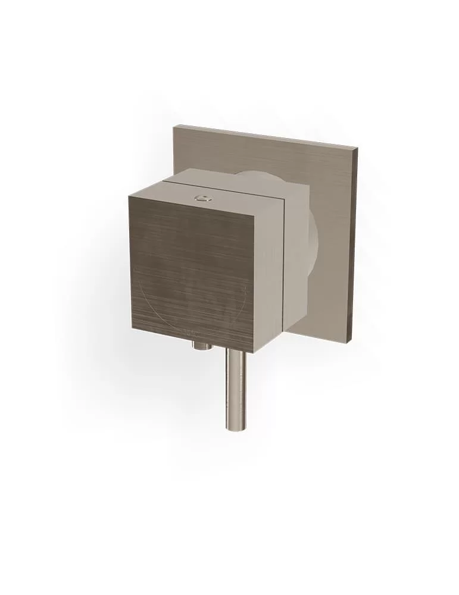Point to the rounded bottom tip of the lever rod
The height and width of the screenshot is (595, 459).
click(x=235, y=427)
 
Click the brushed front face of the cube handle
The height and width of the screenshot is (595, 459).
click(x=191, y=274)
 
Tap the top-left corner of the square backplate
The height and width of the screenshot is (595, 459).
click(x=175, y=126)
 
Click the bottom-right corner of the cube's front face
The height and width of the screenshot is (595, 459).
click(x=253, y=352)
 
